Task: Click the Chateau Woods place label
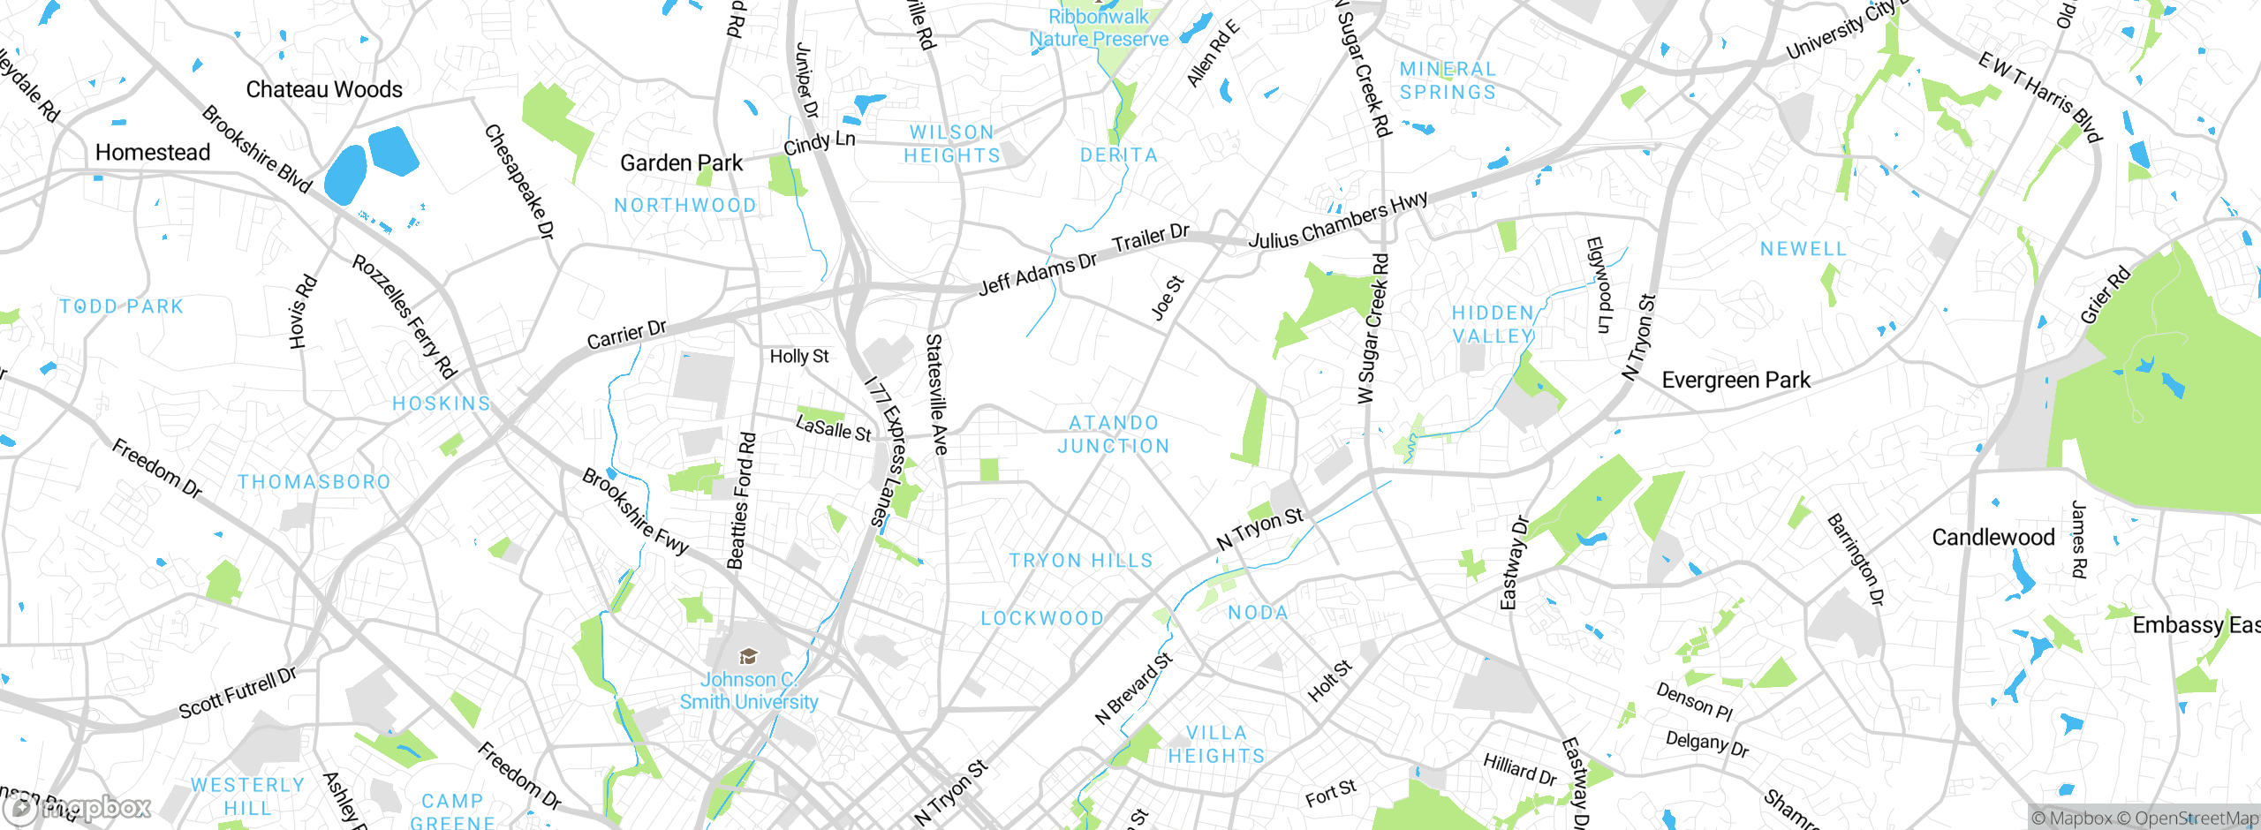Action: point(324,89)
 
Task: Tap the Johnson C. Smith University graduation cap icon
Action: point(748,656)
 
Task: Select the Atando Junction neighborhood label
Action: point(1114,434)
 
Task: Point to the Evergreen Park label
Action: point(1735,381)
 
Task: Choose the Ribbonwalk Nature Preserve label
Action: point(1099,28)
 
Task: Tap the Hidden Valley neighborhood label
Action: point(1493,324)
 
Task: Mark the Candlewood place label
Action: point(1993,537)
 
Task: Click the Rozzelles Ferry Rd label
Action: point(405,316)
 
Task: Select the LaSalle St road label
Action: point(833,428)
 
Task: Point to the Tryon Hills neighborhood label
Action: point(1081,561)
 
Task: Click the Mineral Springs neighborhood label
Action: point(1448,80)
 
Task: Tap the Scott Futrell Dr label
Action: point(238,693)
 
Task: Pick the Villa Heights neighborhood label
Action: point(1216,744)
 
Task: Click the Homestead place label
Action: point(153,153)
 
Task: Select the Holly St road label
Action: point(799,356)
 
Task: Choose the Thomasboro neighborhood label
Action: point(314,482)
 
